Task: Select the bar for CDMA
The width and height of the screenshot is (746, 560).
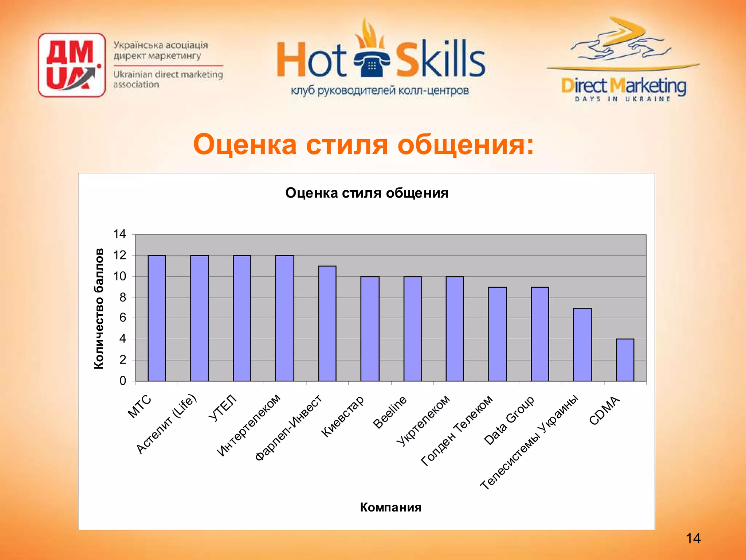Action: click(x=625, y=360)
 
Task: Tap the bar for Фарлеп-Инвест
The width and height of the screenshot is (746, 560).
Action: click(x=327, y=323)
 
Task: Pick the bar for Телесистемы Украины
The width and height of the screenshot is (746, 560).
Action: click(x=582, y=345)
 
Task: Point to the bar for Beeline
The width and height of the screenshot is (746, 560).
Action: click(x=412, y=329)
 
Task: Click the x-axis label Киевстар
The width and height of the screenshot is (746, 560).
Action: click(x=342, y=416)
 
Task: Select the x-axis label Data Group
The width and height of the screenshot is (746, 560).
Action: click(x=509, y=420)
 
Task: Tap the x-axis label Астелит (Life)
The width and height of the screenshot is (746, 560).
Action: click(x=166, y=424)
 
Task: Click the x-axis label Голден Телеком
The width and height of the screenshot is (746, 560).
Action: click(x=457, y=430)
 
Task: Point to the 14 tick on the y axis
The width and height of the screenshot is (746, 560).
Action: click(x=120, y=234)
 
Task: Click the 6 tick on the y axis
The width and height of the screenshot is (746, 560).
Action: click(x=123, y=318)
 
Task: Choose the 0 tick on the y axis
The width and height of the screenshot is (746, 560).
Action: click(x=123, y=381)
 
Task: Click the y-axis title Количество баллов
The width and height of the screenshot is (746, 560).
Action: click(x=99, y=308)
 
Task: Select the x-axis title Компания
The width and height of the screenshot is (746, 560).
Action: click(x=390, y=507)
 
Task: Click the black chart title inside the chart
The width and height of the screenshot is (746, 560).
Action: click(x=366, y=193)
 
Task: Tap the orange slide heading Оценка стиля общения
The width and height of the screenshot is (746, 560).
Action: click(x=363, y=144)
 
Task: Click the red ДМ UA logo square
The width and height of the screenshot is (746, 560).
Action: click(x=72, y=65)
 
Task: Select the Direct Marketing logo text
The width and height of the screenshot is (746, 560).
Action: click(x=623, y=86)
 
